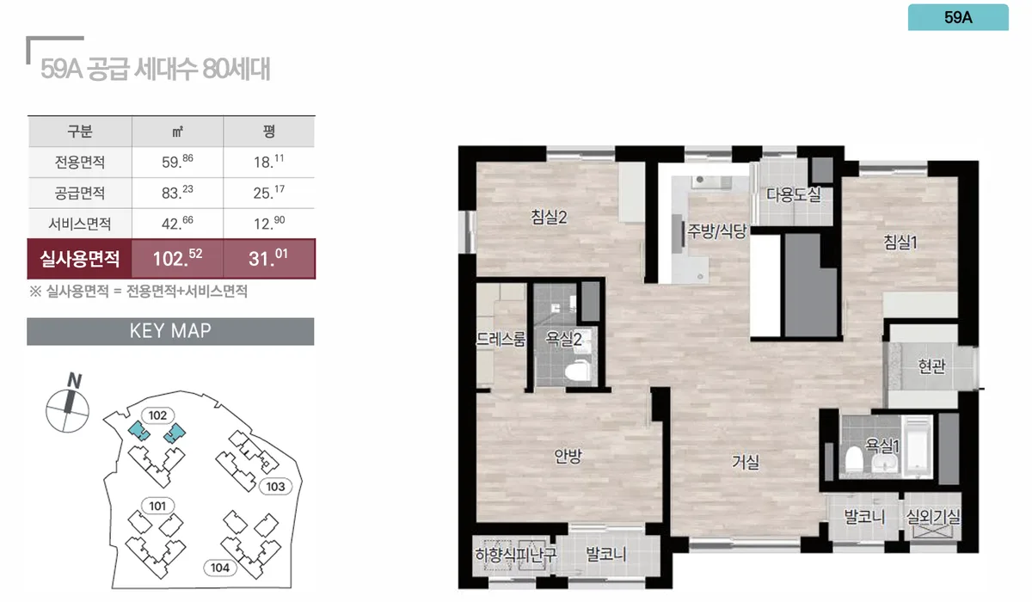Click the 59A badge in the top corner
point(958,17)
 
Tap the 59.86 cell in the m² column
point(177,162)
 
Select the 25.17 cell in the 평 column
point(269,193)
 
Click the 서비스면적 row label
point(80,224)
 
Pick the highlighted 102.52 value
point(177,258)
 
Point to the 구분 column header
point(80,132)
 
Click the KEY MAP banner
point(170,331)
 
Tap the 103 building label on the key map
point(275,487)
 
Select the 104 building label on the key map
point(220,568)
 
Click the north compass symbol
point(68,404)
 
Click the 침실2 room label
point(549,217)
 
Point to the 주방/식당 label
point(716,230)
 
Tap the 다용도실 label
point(793,194)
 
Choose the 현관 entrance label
point(931,366)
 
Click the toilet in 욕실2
point(578,371)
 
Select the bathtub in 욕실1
point(918,446)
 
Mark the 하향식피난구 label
point(515,554)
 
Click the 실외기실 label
point(933,516)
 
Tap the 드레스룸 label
point(501,340)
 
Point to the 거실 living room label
point(746,462)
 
